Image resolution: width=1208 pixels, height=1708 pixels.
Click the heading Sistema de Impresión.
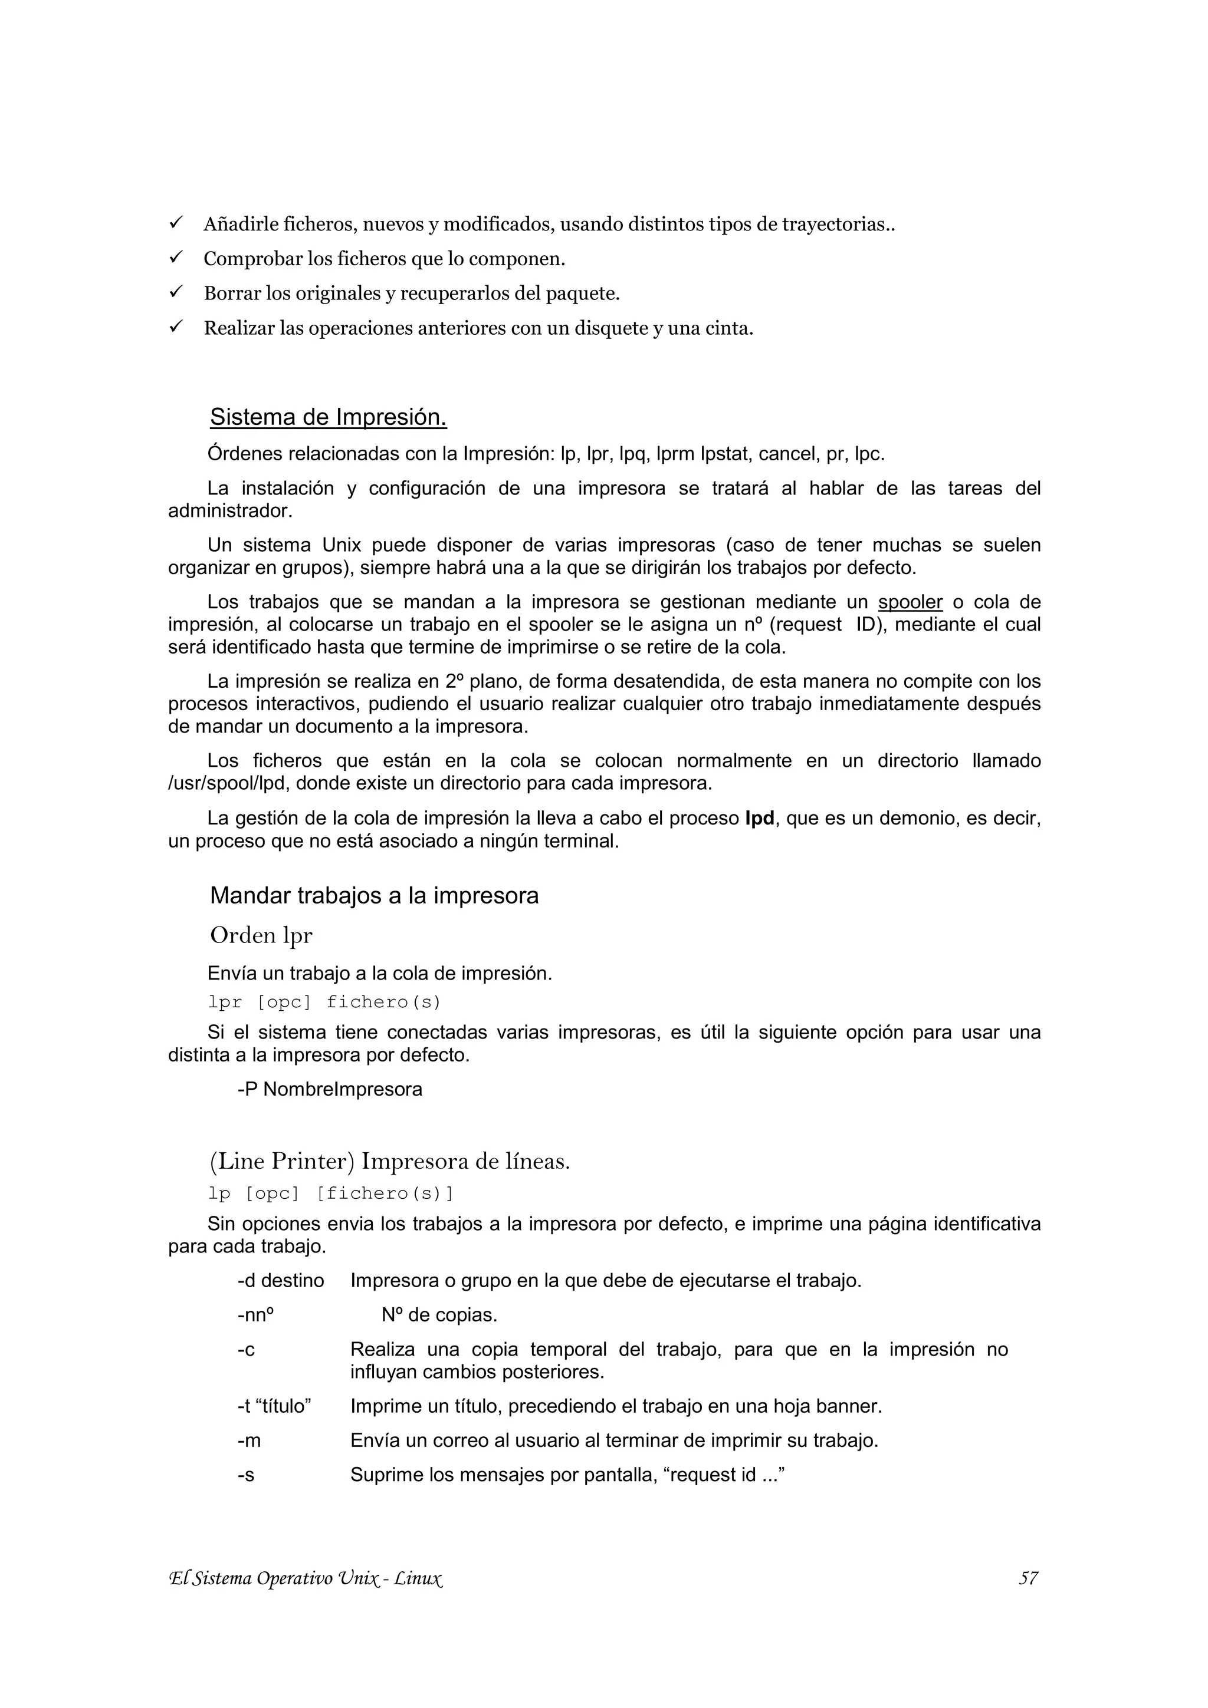tap(327, 417)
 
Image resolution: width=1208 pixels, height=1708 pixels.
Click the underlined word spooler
tap(910, 602)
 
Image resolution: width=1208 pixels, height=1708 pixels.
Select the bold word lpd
tap(759, 818)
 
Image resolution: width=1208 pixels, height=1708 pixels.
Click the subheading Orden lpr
tap(261, 935)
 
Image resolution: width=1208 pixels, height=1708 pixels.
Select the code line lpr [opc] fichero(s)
tap(324, 1002)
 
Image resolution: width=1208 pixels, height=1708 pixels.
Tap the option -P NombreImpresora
tap(330, 1089)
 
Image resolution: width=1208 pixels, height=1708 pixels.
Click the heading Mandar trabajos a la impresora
tap(373, 895)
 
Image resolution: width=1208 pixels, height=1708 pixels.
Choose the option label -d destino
tap(281, 1280)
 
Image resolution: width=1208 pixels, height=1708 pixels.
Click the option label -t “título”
tap(274, 1406)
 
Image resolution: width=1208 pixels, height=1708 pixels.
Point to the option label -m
tap(250, 1440)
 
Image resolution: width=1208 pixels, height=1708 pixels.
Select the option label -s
tap(247, 1475)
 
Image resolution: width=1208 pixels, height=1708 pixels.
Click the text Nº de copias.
tap(439, 1314)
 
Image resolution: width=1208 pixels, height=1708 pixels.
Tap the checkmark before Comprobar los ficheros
tap(176, 258)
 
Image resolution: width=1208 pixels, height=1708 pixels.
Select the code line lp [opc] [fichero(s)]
tap(330, 1193)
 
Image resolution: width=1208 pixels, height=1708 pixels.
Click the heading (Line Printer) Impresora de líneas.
tap(390, 1161)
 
